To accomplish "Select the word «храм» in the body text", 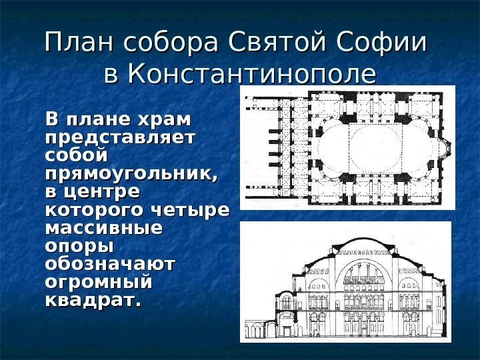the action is pyautogui.click(x=163, y=121).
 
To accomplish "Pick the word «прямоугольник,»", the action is pyautogui.click(x=131, y=175).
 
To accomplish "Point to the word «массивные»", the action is pyautogui.click(x=103, y=229).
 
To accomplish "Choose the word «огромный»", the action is pyautogui.click(x=98, y=283).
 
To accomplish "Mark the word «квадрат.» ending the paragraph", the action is pyautogui.click(x=93, y=301).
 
